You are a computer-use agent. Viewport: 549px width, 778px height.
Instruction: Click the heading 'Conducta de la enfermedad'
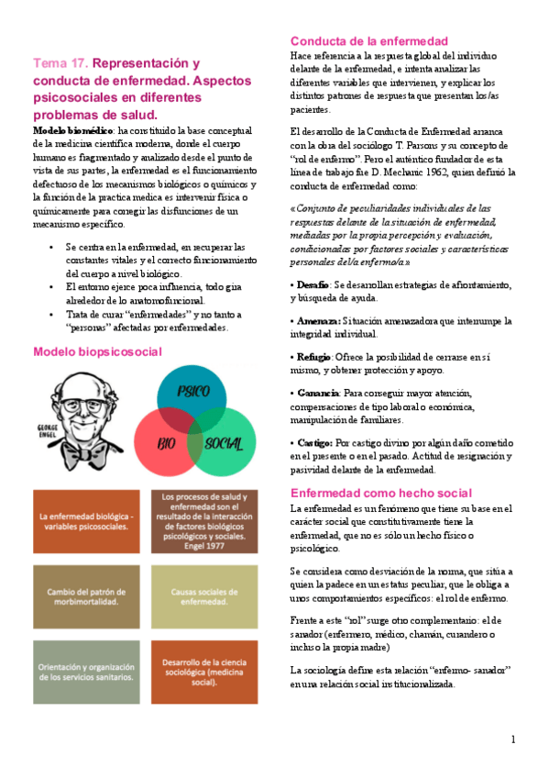tap(368, 41)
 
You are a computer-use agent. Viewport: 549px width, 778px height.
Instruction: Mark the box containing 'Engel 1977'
tap(205, 520)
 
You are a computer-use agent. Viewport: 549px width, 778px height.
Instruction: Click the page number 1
tap(513, 739)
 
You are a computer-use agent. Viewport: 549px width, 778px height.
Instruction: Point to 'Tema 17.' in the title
tap(61, 64)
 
